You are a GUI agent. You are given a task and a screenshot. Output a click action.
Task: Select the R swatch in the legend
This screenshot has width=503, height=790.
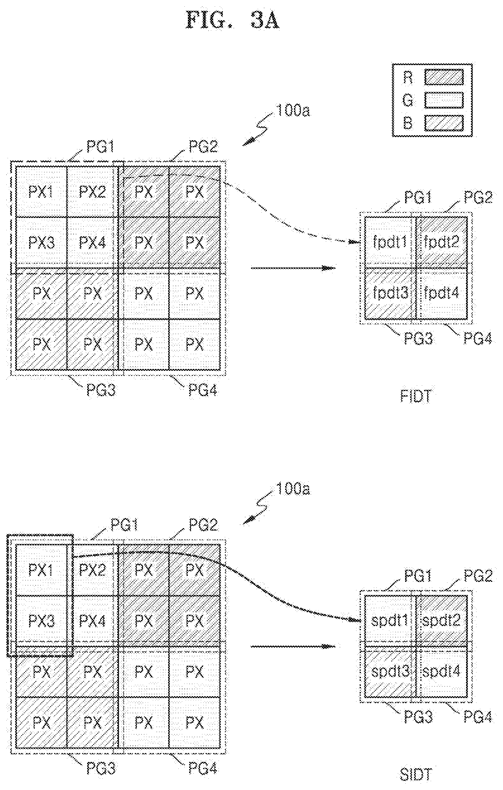tap(444, 77)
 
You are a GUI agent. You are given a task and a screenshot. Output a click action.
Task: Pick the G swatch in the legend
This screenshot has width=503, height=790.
tap(444, 100)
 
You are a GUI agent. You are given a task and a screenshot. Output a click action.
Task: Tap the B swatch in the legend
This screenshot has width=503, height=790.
tap(444, 123)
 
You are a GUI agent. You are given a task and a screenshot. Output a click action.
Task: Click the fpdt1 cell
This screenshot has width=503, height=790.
tap(390, 242)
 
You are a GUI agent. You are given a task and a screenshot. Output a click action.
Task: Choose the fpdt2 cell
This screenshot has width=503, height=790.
tap(442, 242)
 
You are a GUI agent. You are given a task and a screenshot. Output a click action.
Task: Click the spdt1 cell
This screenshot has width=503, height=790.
tap(390, 620)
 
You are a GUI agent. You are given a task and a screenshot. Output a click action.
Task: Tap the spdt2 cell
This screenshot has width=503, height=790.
tap(442, 620)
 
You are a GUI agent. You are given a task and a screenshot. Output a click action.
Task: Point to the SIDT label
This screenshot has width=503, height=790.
tap(416, 775)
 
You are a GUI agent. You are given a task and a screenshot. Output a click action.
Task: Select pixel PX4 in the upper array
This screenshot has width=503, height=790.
tap(93, 243)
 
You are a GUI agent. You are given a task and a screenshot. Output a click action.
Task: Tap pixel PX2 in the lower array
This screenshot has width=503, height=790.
tap(93, 570)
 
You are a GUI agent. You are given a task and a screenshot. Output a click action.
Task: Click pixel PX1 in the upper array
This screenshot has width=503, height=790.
tap(41, 192)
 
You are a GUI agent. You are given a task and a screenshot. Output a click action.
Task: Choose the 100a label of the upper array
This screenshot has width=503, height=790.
tap(293, 111)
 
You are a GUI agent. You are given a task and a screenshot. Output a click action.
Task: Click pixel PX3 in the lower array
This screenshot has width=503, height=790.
tap(41, 621)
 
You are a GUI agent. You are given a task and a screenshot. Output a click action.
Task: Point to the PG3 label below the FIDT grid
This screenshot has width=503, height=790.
tap(418, 338)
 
